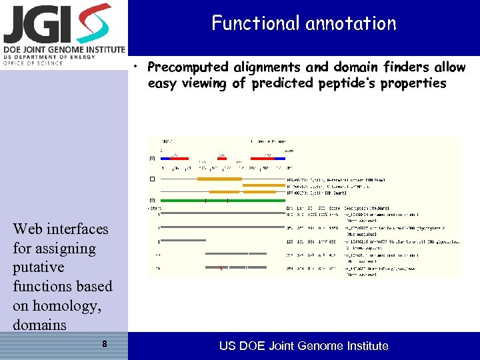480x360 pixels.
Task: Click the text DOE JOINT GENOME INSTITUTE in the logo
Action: click(64, 50)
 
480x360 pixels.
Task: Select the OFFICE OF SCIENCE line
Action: click(33, 63)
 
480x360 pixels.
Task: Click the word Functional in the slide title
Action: click(255, 23)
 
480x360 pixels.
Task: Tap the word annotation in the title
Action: click(351, 23)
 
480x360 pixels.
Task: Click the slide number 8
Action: click(105, 345)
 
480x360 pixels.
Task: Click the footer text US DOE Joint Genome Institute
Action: click(303, 345)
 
